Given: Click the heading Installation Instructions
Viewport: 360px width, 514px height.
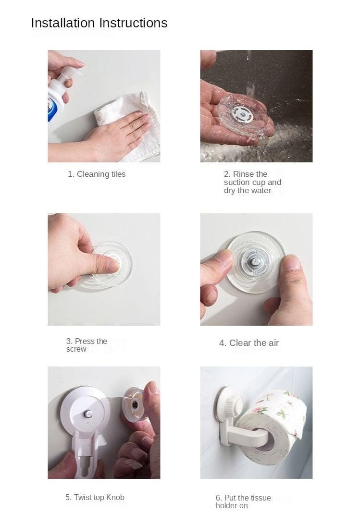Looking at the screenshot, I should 99,23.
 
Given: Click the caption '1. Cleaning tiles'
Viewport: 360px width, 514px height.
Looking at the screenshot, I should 97,174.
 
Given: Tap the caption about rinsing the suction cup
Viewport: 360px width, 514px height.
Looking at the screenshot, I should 252,183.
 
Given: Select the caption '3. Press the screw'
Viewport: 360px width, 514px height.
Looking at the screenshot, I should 87,345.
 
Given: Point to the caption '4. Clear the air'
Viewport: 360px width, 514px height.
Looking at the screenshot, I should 249,343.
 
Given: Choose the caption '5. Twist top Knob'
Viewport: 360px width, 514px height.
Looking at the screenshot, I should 95,497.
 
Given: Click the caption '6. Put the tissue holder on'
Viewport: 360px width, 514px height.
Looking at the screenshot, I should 243,502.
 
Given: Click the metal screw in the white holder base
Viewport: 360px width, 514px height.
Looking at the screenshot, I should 87,413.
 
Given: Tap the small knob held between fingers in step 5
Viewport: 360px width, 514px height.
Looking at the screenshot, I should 135,404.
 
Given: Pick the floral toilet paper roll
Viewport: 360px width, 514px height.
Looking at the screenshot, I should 274,423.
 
